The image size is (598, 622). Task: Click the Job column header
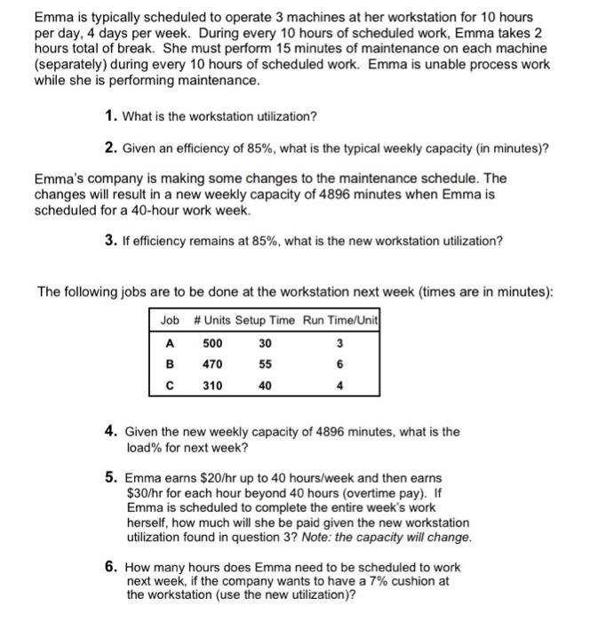pyautogui.click(x=170, y=320)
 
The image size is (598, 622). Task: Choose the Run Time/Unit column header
pyautogui.click(x=340, y=320)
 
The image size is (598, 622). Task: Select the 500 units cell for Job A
pyautogui.click(x=213, y=343)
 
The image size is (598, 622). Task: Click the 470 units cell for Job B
pyautogui.click(x=213, y=364)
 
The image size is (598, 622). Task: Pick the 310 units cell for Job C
pyautogui.click(x=213, y=386)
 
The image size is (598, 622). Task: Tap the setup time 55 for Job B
pyautogui.click(x=266, y=364)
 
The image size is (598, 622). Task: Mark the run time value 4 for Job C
pyautogui.click(x=339, y=386)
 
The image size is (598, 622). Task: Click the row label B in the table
pyautogui.click(x=169, y=364)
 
